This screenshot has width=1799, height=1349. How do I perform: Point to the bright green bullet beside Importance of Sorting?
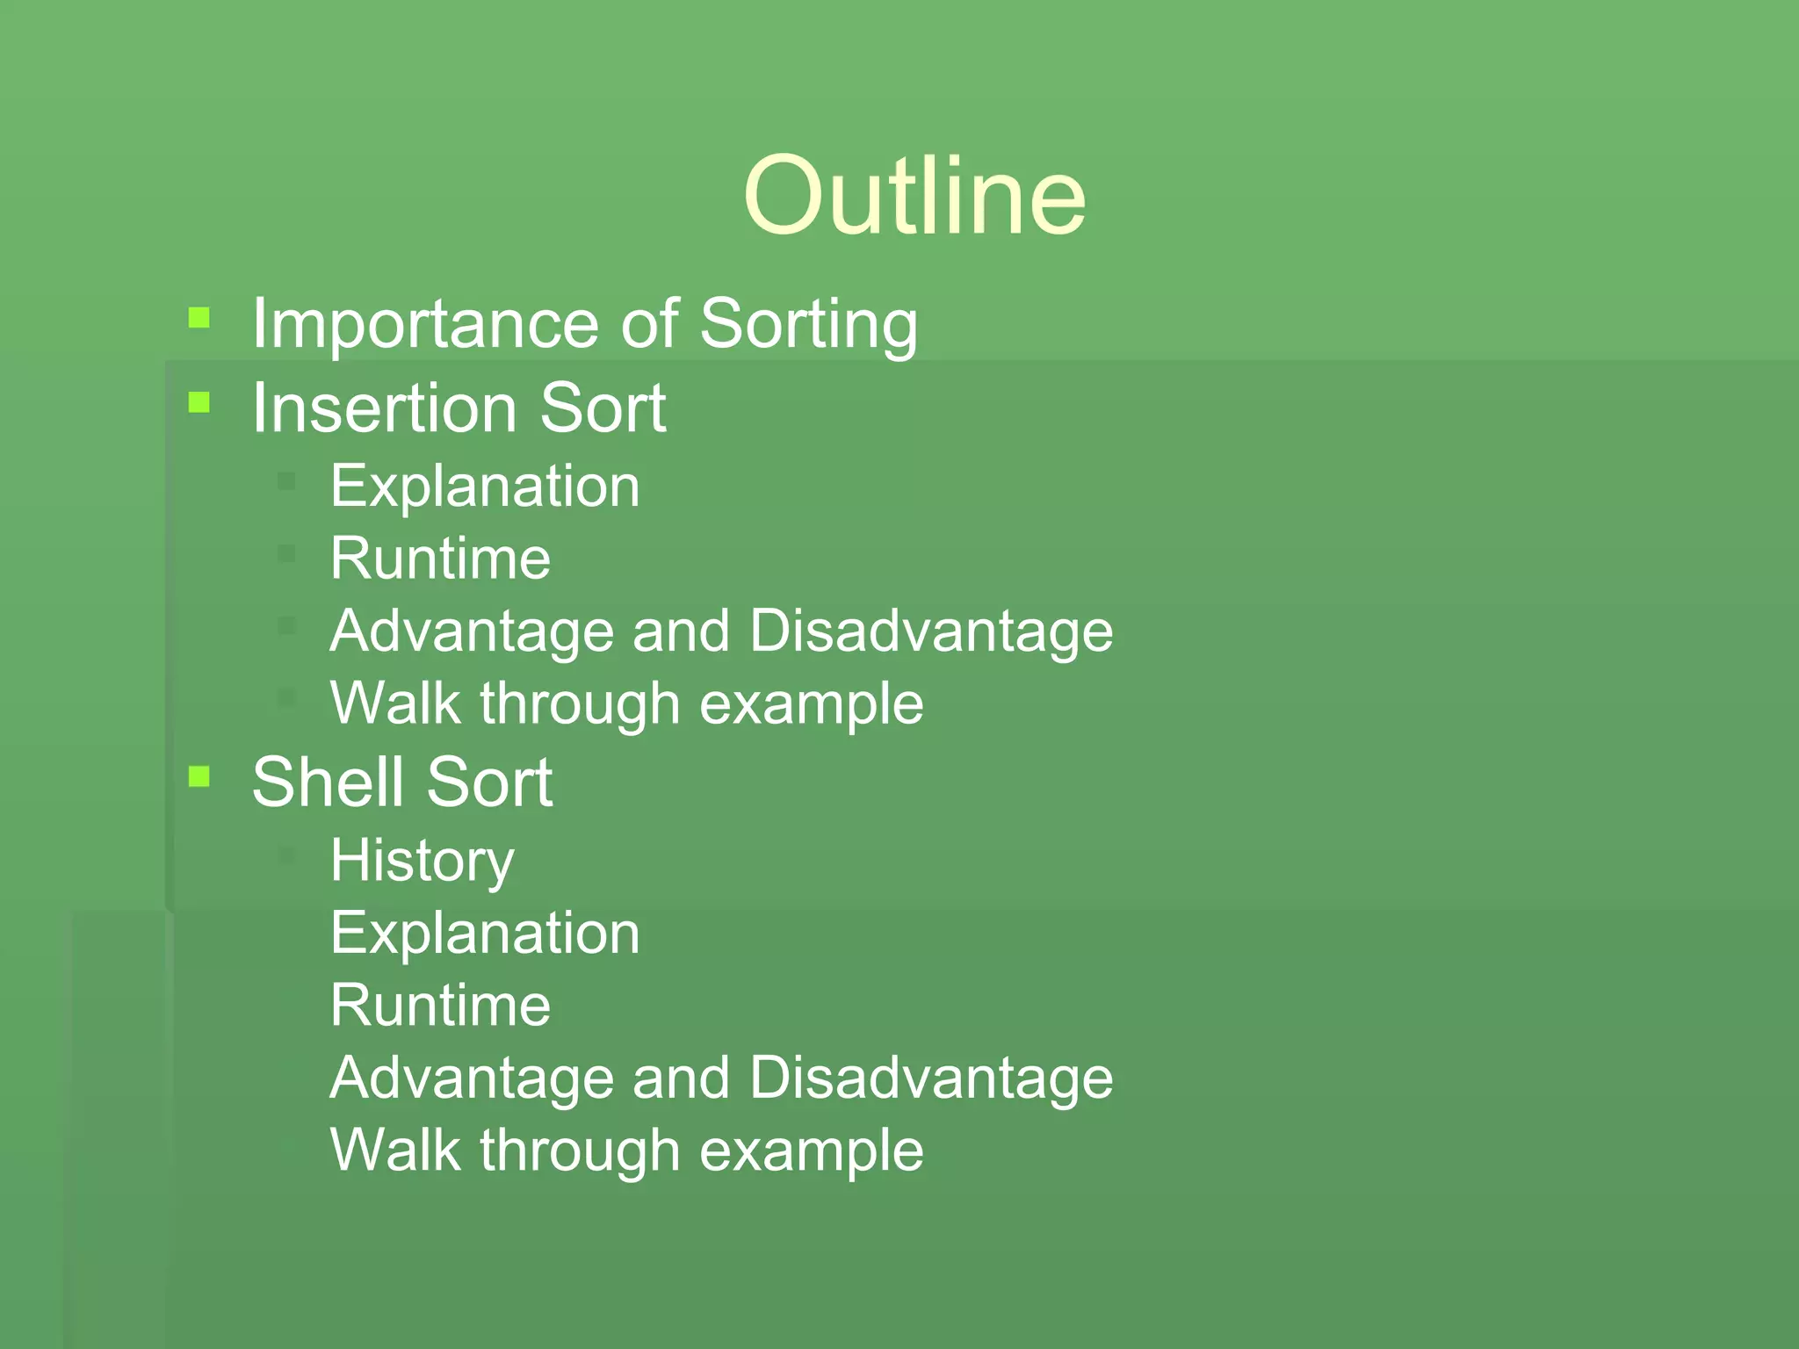coord(199,317)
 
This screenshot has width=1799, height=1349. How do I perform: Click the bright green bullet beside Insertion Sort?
coord(199,402)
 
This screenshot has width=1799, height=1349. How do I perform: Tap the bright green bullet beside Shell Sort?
coord(199,776)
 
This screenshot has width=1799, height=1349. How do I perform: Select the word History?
coord(422,861)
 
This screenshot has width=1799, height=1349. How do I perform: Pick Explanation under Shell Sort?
coord(485,933)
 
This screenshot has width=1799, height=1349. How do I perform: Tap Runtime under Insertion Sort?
coord(440,559)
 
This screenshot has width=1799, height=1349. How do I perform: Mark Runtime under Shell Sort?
coord(440,1006)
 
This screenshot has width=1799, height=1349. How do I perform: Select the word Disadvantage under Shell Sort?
coord(931,1078)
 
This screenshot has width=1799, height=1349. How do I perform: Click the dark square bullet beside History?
coord(286,855)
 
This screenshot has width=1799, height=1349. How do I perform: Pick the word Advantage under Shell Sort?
coord(471,1078)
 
